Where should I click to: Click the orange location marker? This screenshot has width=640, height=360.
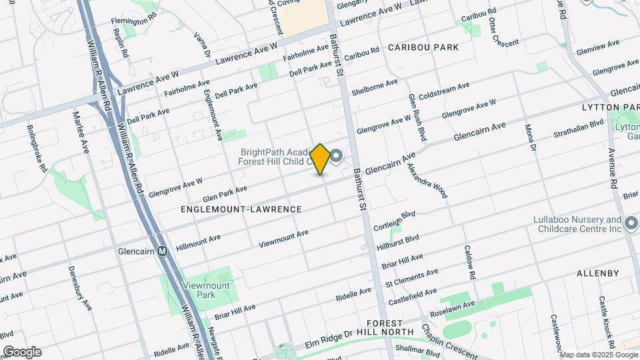click(x=321, y=159)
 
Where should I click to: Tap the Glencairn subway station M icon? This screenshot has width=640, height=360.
click(x=162, y=252)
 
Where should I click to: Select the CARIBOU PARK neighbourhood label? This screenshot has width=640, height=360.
click(x=424, y=47)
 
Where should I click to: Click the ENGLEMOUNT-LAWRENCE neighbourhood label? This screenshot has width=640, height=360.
click(x=241, y=209)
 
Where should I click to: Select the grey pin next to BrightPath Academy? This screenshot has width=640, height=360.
click(x=337, y=157)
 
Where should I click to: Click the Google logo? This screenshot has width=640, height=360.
click(x=22, y=352)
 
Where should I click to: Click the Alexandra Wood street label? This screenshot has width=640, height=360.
click(x=429, y=181)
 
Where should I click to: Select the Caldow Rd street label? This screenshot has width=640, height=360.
click(x=470, y=262)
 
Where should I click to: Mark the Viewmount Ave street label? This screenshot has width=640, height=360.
click(x=283, y=238)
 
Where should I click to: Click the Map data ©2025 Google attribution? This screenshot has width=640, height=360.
click(x=598, y=355)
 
